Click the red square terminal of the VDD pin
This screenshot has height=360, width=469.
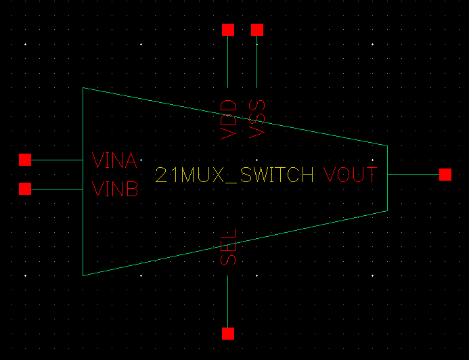pos(228,30)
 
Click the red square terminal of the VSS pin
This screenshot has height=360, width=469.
pos(256,30)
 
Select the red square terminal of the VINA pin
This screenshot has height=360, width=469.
pos(25,160)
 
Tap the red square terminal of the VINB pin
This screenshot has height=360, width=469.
pos(25,188)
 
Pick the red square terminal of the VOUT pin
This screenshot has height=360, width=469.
pos(445,175)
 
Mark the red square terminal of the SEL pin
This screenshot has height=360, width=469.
pos(228,333)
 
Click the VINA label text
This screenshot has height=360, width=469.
pos(115,161)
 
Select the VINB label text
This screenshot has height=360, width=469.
pos(115,190)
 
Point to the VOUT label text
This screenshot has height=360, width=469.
pos(349,175)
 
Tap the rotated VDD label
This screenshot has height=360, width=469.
pos(229,119)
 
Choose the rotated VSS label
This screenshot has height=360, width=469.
pos(257,119)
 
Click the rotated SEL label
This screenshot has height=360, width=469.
pos(229,247)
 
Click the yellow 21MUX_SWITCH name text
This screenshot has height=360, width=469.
pos(234,176)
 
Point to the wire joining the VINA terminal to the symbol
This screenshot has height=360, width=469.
pos(57,160)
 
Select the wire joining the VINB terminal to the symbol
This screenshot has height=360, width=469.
pos(57,189)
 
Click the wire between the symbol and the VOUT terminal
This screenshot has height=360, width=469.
pos(413,175)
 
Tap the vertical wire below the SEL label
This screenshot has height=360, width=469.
pos(228,301)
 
